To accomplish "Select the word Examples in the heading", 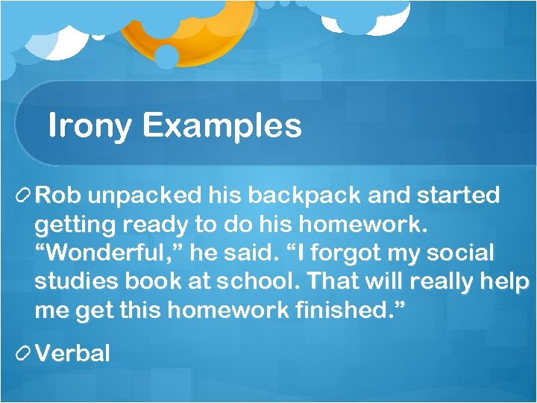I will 222,126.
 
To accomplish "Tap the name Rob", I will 53,196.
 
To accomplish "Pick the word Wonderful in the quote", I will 97,253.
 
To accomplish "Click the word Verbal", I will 72,353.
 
